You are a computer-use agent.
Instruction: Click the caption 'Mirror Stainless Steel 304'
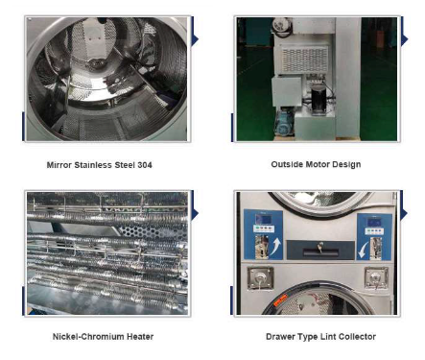coord(99,164)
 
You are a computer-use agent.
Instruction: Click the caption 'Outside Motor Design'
coord(315,164)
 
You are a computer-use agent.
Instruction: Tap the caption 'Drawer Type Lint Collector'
coord(320,337)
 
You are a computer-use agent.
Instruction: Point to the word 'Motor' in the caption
coord(315,164)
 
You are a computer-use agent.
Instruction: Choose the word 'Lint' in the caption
coord(326,337)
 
